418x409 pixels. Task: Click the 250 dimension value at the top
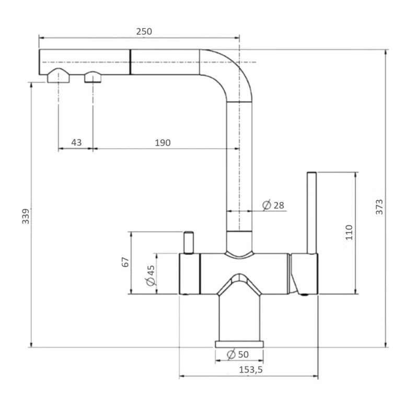(144, 31)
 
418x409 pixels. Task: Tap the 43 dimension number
(76, 142)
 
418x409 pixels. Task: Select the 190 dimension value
(162, 143)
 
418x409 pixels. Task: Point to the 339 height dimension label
(26, 216)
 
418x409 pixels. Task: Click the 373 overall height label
(379, 207)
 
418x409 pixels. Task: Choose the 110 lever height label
(349, 232)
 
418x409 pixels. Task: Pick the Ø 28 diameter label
(273, 205)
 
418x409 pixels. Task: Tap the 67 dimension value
(125, 262)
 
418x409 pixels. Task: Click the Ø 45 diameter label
(150, 275)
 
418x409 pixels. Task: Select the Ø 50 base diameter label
(238, 354)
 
